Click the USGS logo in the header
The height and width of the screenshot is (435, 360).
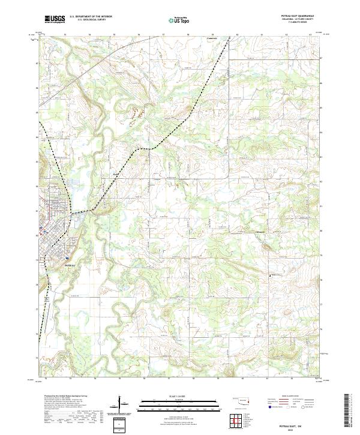click(54, 19)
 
